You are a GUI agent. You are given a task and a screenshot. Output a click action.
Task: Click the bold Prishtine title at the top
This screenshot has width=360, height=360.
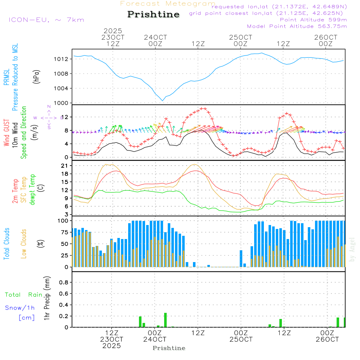[x=153, y=14]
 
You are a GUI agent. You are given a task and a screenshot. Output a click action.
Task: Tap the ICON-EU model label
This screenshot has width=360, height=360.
[x=46, y=20]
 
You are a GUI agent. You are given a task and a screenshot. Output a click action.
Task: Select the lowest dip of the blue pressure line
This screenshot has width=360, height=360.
[x=163, y=100]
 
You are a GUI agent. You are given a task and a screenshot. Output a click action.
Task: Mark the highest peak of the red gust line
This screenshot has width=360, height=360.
[x=203, y=108]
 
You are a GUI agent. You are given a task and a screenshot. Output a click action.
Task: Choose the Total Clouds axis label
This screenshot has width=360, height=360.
[x=6, y=244]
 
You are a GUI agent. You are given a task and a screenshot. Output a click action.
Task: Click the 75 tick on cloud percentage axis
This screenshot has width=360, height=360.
[x=65, y=232]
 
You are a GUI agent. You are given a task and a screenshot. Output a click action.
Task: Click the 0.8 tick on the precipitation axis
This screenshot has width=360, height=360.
[x=64, y=282]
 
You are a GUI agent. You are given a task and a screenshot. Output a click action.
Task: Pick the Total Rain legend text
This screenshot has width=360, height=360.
[x=24, y=294]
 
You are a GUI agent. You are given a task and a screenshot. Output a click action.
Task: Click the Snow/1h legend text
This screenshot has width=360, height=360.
[x=20, y=308]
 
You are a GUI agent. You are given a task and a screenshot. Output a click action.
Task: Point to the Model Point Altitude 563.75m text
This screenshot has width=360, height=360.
[x=297, y=26]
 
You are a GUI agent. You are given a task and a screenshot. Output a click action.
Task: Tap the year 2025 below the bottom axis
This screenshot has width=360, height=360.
[x=111, y=346]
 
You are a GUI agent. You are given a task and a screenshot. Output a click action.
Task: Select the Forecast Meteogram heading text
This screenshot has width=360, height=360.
[x=168, y=4]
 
